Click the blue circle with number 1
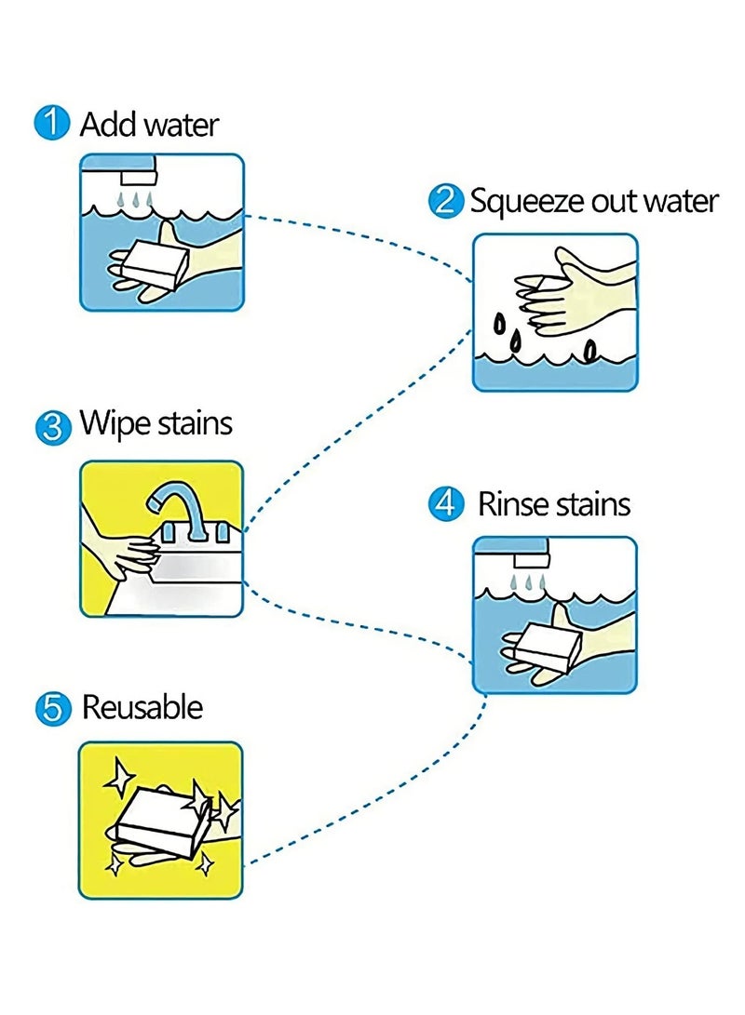pyautogui.click(x=51, y=123)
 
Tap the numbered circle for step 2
pyautogui.click(x=446, y=200)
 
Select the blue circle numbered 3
pyautogui.click(x=52, y=427)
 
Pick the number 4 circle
pyautogui.click(x=446, y=503)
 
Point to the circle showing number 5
pyautogui.click(x=52, y=709)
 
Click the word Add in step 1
pyautogui.click(x=107, y=124)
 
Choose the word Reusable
pyautogui.click(x=142, y=707)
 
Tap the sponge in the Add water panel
pyautogui.click(x=155, y=262)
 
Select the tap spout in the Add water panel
pyautogui.click(x=139, y=178)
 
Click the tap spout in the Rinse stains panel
pyautogui.click(x=531, y=561)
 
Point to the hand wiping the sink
pyautogui.click(x=120, y=550)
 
